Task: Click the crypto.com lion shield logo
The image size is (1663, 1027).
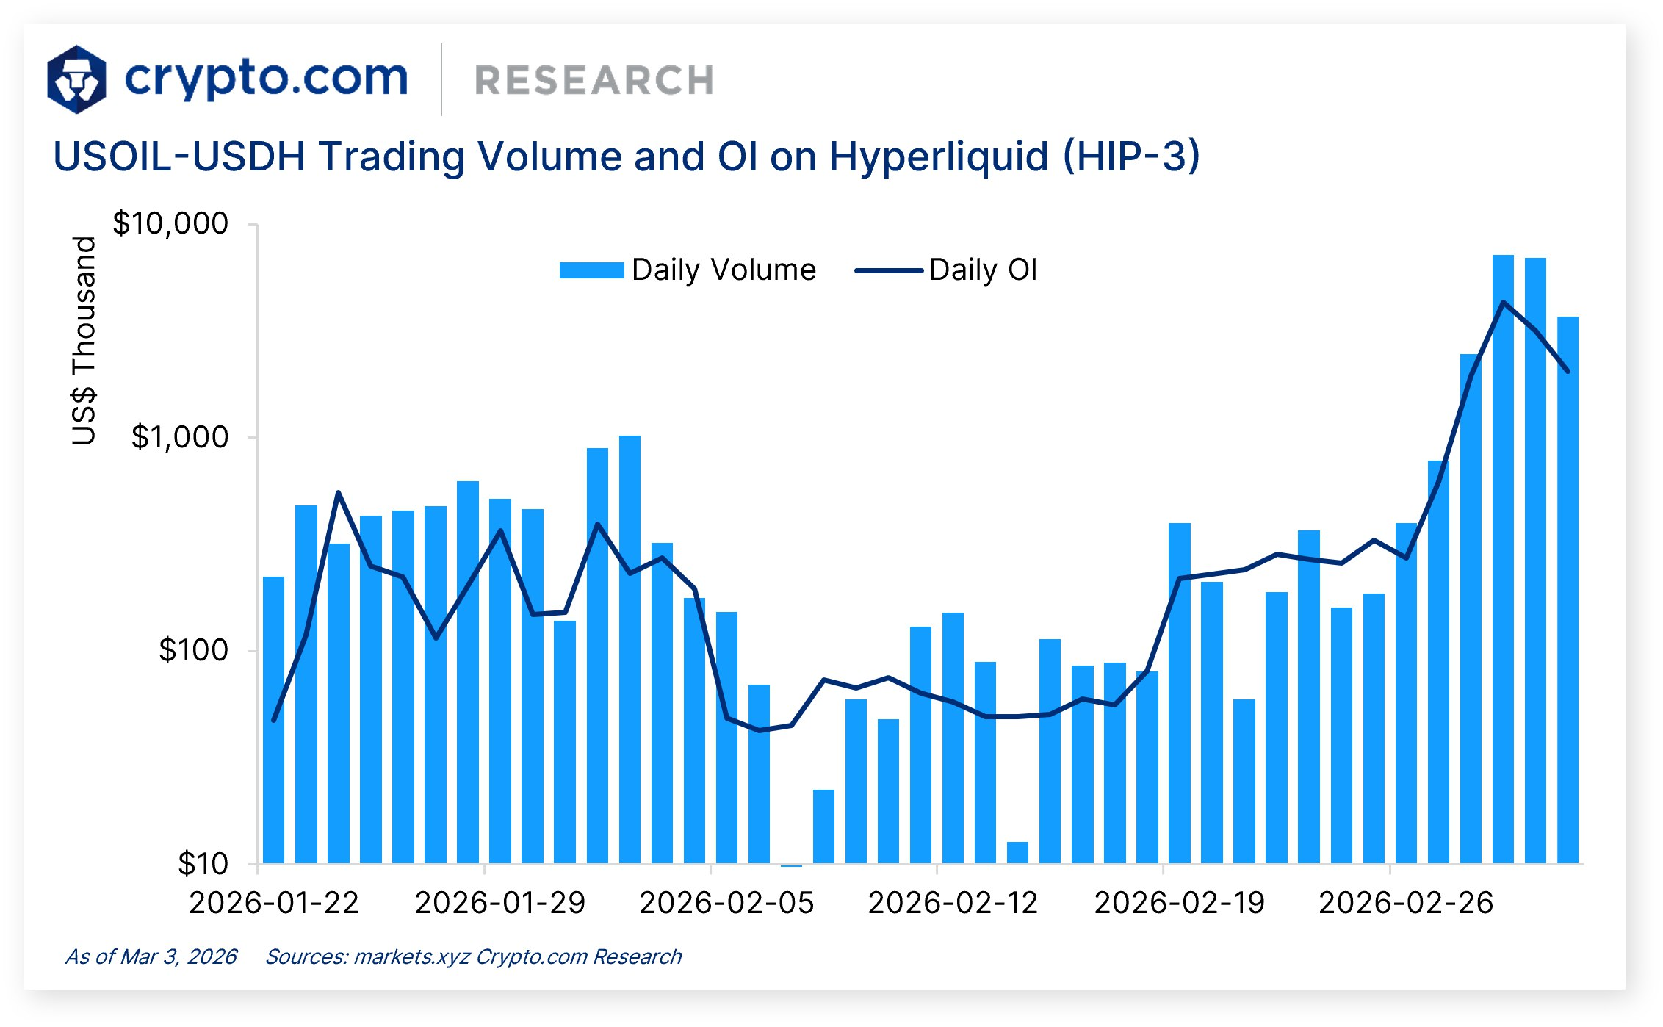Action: point(76,79)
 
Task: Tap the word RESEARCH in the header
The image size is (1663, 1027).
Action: point(594,81)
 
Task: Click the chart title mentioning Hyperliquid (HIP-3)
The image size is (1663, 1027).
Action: point(626,156)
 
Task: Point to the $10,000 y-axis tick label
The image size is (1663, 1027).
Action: point(170,223)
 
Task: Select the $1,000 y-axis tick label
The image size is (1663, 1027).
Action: point(180,437)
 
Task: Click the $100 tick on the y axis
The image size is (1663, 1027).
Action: point(194,650)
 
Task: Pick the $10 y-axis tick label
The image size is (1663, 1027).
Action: point(203,864)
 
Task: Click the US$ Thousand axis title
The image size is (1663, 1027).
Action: point(84,340)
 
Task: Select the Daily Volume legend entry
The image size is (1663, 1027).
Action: point(688,270)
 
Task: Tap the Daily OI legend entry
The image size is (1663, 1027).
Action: point(947,270)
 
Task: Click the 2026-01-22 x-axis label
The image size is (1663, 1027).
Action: point(274,903)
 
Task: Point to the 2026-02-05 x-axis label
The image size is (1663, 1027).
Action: point(726,903)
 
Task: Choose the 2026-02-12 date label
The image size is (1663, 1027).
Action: point(953,903)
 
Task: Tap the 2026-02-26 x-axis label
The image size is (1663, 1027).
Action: point(1406,903)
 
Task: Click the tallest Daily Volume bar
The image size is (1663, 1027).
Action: point(1503,558)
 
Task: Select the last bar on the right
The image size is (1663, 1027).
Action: point(1568,588)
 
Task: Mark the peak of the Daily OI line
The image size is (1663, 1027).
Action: point(1504,303)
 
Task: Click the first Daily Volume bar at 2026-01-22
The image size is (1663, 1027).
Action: point(273,720)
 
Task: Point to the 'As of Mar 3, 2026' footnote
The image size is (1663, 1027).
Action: point(151,956)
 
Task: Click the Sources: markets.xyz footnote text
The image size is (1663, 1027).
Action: point(473,956)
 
